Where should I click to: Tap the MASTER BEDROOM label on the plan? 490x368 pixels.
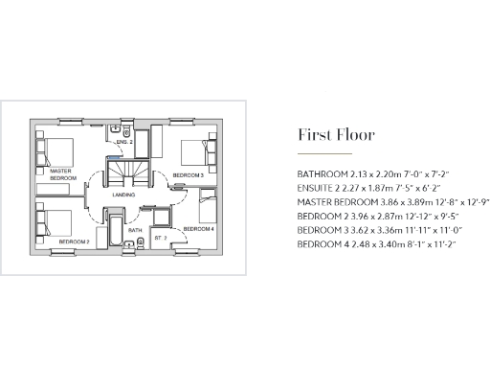62,174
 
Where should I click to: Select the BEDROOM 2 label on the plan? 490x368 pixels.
74,241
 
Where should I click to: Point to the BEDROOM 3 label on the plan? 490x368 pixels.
188,175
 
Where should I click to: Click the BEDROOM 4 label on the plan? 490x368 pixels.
198,229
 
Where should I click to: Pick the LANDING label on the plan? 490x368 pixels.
122,195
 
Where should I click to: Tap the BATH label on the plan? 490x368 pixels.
135,230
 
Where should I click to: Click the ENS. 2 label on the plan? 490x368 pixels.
122,142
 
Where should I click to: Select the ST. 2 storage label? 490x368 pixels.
160,236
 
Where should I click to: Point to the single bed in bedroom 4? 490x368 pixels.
208,205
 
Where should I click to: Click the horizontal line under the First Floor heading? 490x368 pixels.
324,153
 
